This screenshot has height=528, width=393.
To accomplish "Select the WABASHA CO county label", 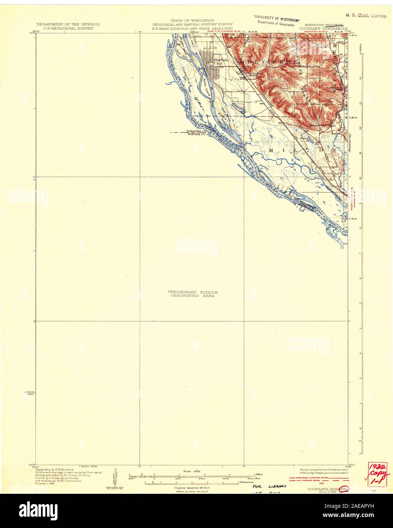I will [x=196, y=131].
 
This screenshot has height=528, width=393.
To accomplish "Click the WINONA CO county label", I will [x=196, y=134].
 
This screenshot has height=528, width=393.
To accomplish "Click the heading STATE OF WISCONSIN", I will [x=192, y=20].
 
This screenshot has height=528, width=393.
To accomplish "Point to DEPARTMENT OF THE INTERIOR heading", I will [x=68, y=24].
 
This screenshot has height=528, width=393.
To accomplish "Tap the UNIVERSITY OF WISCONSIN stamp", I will [x=276, y=18].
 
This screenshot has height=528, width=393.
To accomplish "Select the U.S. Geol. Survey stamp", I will [x=366, y=16].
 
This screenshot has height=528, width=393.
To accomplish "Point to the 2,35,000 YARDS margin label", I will [x=29, y=392].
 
